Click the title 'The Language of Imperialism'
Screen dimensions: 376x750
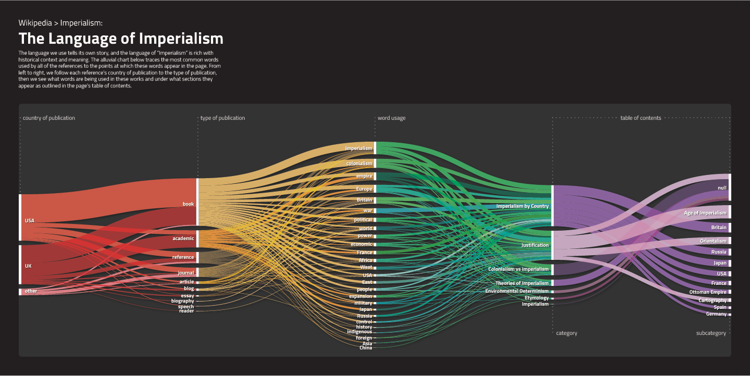(121, 39)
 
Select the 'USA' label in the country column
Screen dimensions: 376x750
(30, 221)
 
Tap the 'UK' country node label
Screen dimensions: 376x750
(28, 266)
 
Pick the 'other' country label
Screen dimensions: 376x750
(31, 291)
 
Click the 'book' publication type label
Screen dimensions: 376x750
(188, 204)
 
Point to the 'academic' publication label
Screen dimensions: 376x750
(183, 239)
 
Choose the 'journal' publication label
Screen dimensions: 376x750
(185, 273)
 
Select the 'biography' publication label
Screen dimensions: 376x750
(182, 301)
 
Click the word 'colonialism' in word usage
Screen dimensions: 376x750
(359, 164)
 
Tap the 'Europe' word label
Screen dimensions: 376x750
(364, 189)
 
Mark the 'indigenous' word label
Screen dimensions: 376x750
(359, 332)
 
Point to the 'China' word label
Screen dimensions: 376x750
(366, 348)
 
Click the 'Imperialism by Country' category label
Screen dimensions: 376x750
(522, 206)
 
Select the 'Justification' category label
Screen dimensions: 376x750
(535, 245)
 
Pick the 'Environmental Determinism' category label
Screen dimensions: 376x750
(517, 291)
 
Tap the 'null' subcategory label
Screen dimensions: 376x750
(722, 188)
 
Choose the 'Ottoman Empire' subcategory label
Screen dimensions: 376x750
(707, 292)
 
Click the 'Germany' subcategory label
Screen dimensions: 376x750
(716, 314)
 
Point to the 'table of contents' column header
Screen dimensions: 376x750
(641, 118)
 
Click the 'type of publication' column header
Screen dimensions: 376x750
(222, 118)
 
